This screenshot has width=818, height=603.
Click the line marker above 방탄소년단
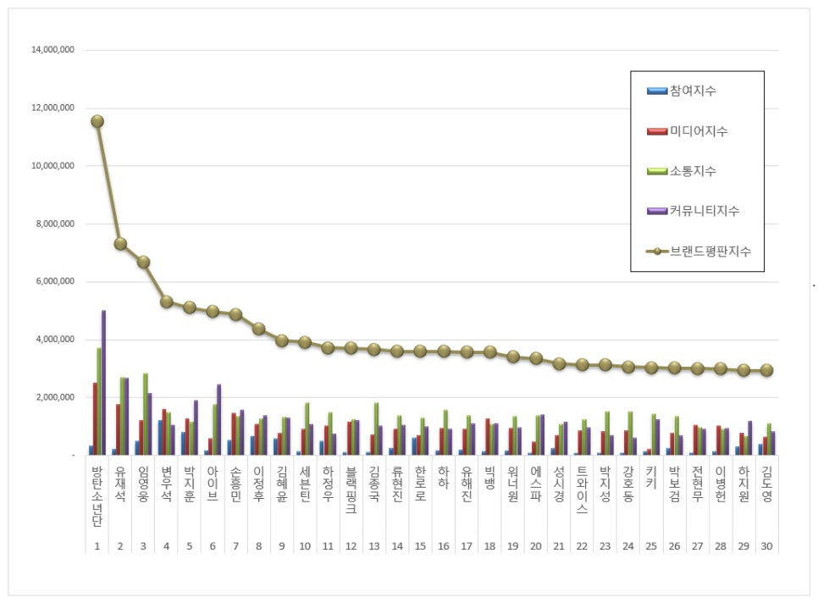click(97, 121)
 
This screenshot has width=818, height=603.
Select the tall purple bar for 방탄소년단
click(103, 383)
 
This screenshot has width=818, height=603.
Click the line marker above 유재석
click(120, 244)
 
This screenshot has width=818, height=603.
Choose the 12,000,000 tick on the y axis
click(53, 108)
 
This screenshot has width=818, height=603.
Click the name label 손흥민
click(235, 485)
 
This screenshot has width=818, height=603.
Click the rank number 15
click(419, 546)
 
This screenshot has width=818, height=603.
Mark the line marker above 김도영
click(765, 370)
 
